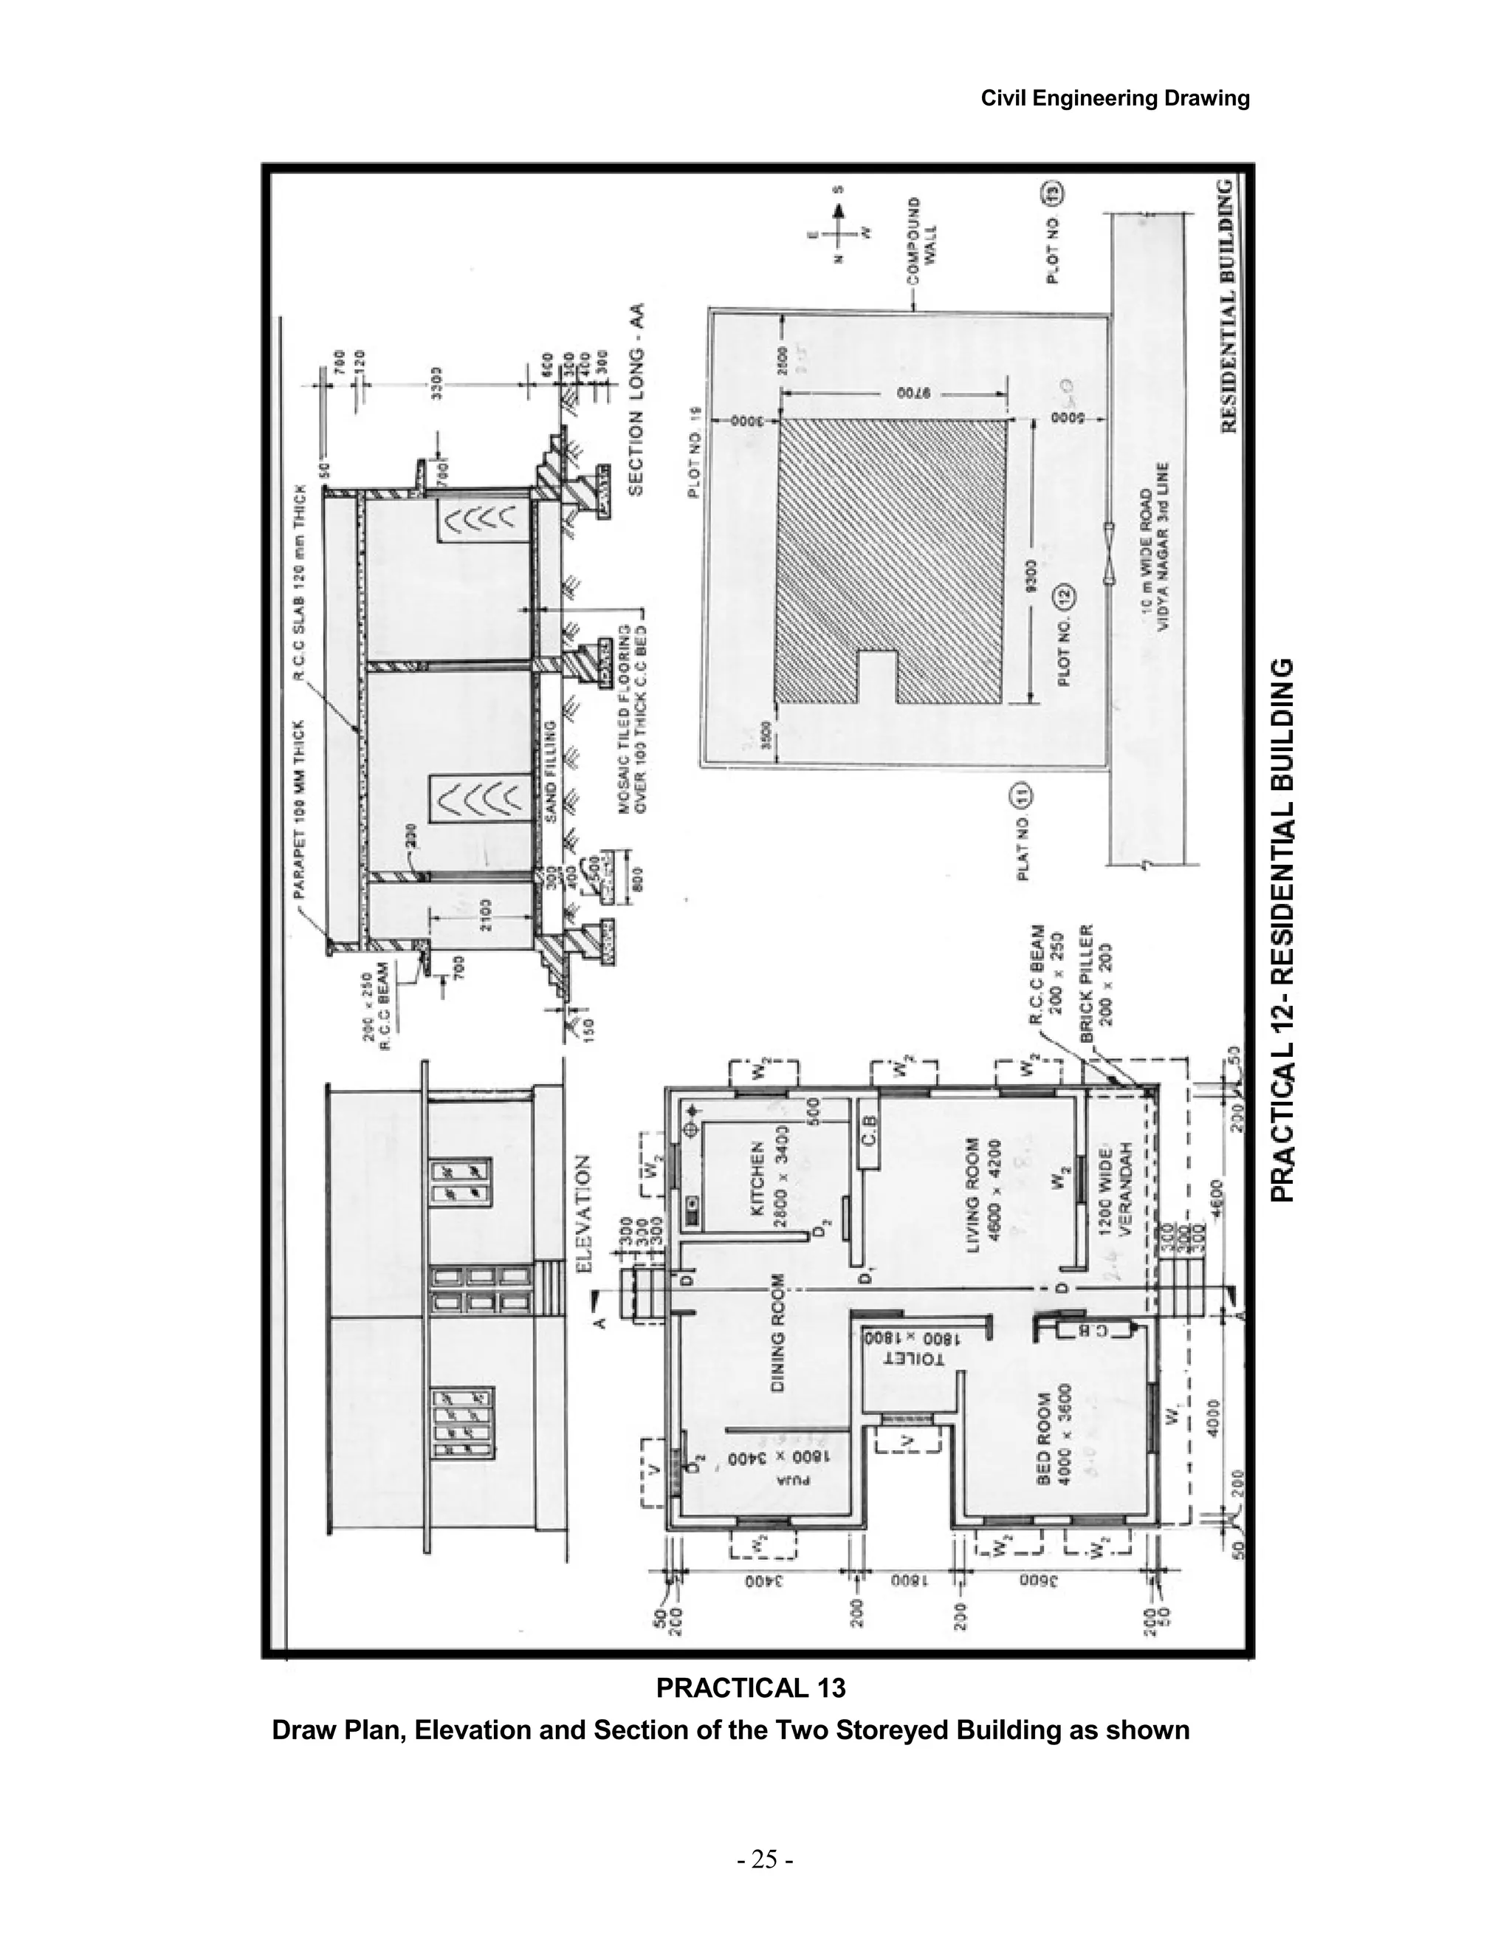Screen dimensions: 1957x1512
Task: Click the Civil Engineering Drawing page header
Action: coord(1116,98)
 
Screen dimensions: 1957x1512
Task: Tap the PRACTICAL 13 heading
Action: coord(751,1688)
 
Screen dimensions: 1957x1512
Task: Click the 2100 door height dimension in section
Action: coord(484,916)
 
